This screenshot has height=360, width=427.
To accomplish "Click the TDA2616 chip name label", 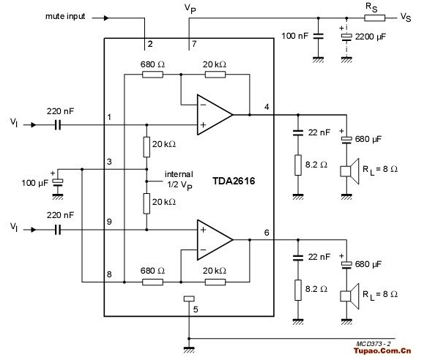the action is coord(234,181).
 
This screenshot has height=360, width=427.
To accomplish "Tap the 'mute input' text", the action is coord(65,16).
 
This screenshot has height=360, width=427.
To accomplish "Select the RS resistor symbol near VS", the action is coord(375,18).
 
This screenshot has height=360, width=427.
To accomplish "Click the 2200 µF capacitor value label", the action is coord(371,37).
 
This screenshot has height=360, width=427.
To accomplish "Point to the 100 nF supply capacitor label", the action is coord(295,36).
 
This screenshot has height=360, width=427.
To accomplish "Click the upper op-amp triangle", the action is coord(215,115).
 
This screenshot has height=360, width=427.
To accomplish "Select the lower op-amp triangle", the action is coord(215,240).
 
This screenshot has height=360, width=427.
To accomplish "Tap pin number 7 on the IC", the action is coord(194,44).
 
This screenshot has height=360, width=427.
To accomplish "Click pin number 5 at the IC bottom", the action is coord(196,310).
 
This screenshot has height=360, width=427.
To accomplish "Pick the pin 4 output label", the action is coord(267,107).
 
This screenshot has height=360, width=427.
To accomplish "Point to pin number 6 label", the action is coord(267,233).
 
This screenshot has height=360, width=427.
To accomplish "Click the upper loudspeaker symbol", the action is coord(350,171).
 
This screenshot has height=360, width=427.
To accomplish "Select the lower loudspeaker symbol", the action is coord(350,296).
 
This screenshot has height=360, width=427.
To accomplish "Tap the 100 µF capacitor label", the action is coord(35,183).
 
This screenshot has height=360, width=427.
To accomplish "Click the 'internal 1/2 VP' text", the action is coord(179,179).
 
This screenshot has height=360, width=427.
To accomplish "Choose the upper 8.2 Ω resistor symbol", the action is coord(298,165).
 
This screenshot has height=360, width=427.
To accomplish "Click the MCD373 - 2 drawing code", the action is coord(374,344).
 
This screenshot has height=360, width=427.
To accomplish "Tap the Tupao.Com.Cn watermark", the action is coord(382,350).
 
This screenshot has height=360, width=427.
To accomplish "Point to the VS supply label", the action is coord(406,18).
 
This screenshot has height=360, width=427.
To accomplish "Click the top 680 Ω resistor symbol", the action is coord(152,75).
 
